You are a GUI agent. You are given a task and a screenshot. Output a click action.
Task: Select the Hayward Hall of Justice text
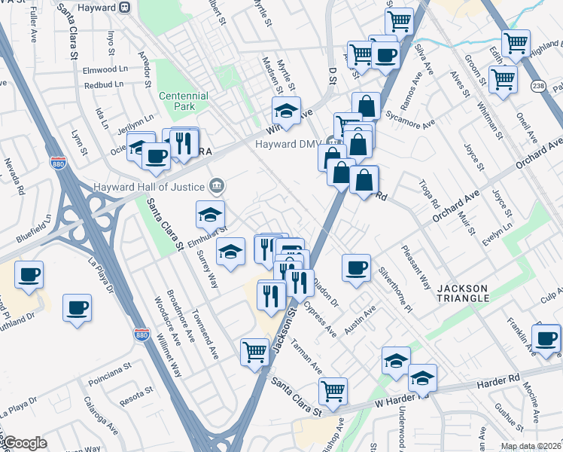[x=150, y=186]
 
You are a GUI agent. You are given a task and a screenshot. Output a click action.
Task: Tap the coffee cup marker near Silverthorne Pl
[x=356, y=267]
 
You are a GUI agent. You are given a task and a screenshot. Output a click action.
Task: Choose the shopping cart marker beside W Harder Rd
[x=333, y=391]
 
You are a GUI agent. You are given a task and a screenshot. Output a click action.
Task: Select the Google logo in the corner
[x=24, y=443]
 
